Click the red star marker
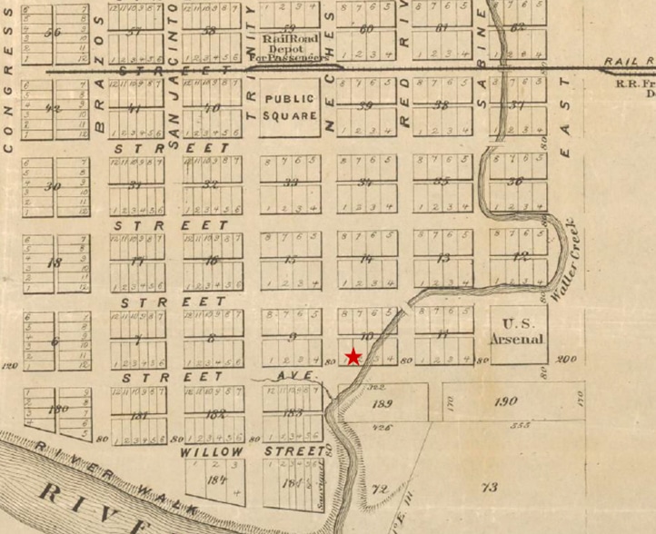coord(353,357)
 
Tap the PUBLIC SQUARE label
coord(291,107)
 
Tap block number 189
coord(382,404)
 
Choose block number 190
coord(504,401)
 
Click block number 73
coord(489,488)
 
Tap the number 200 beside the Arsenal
coord(568,360)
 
